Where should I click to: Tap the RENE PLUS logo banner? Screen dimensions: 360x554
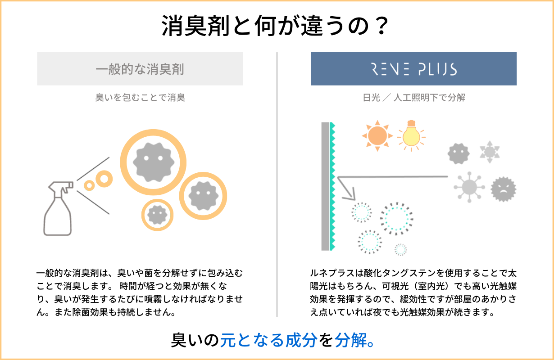(413, 69)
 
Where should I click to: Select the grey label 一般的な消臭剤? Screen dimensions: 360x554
(140, 69)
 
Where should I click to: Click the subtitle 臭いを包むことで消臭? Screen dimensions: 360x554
(140, 98)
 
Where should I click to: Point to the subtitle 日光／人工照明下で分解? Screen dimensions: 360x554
(413, 98)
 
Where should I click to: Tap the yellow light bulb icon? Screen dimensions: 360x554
(411, 134)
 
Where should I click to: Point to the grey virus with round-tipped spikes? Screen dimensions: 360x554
(468, 186)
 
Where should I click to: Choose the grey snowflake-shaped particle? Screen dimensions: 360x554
(489, 151)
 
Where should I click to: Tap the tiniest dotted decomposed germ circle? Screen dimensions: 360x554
(400, 249)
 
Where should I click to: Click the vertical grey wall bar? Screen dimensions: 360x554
(325, 185)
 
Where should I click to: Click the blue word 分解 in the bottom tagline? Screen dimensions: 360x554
(349, 340)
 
